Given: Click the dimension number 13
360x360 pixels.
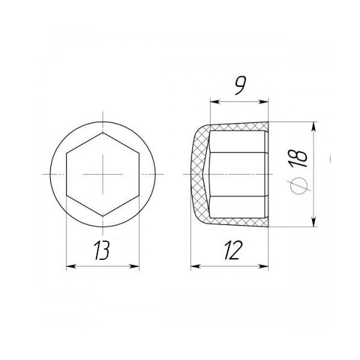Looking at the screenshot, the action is (102, 250).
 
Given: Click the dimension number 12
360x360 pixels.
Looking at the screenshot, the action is (233, 250).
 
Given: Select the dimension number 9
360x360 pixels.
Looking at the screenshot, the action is (241, 85).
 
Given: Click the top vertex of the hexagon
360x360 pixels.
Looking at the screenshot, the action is (103, 133).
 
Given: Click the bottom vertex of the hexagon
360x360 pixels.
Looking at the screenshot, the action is (103, 216).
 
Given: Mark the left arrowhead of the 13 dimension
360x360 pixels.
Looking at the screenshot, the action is (71, 266).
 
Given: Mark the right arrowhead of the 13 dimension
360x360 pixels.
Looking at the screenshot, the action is (134, 266).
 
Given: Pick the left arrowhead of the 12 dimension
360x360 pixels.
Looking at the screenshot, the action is (196, 266).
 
